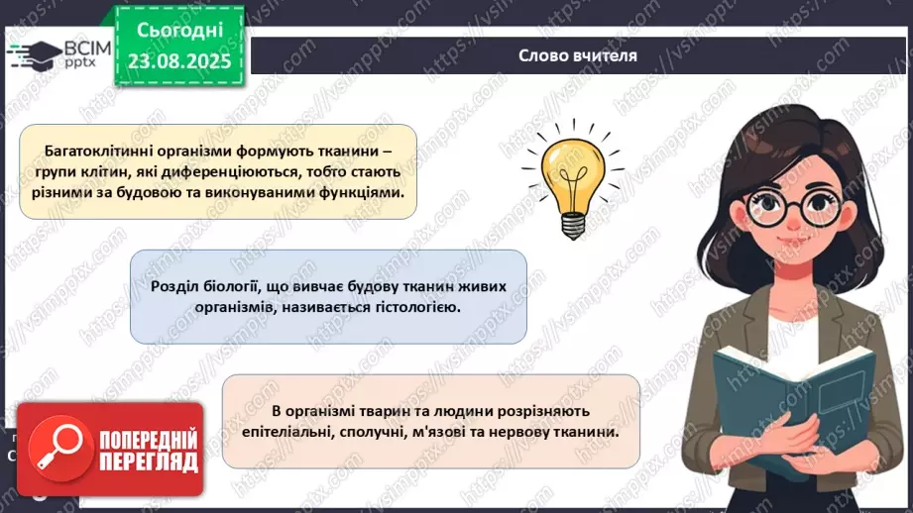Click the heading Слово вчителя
coord(577,55)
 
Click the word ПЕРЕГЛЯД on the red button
coord(148,462)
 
